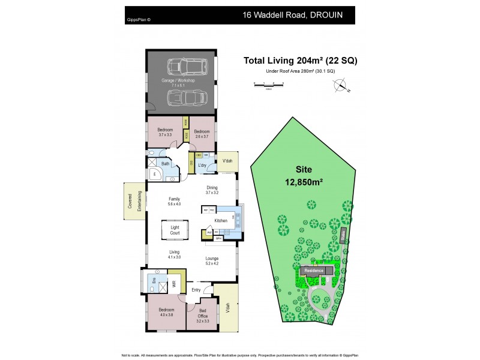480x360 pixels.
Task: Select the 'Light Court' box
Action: [x=175, y=230]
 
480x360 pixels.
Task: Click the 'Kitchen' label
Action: [x=221, y=221]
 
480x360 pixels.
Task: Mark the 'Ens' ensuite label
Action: [x=154, y=280]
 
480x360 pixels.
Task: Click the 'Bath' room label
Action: [x=165, y=163]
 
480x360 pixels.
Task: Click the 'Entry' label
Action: [x=196, y=290]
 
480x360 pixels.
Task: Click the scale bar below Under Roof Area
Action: [x=268, y=86]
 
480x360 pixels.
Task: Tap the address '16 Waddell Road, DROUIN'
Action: [x=293, y=15]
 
